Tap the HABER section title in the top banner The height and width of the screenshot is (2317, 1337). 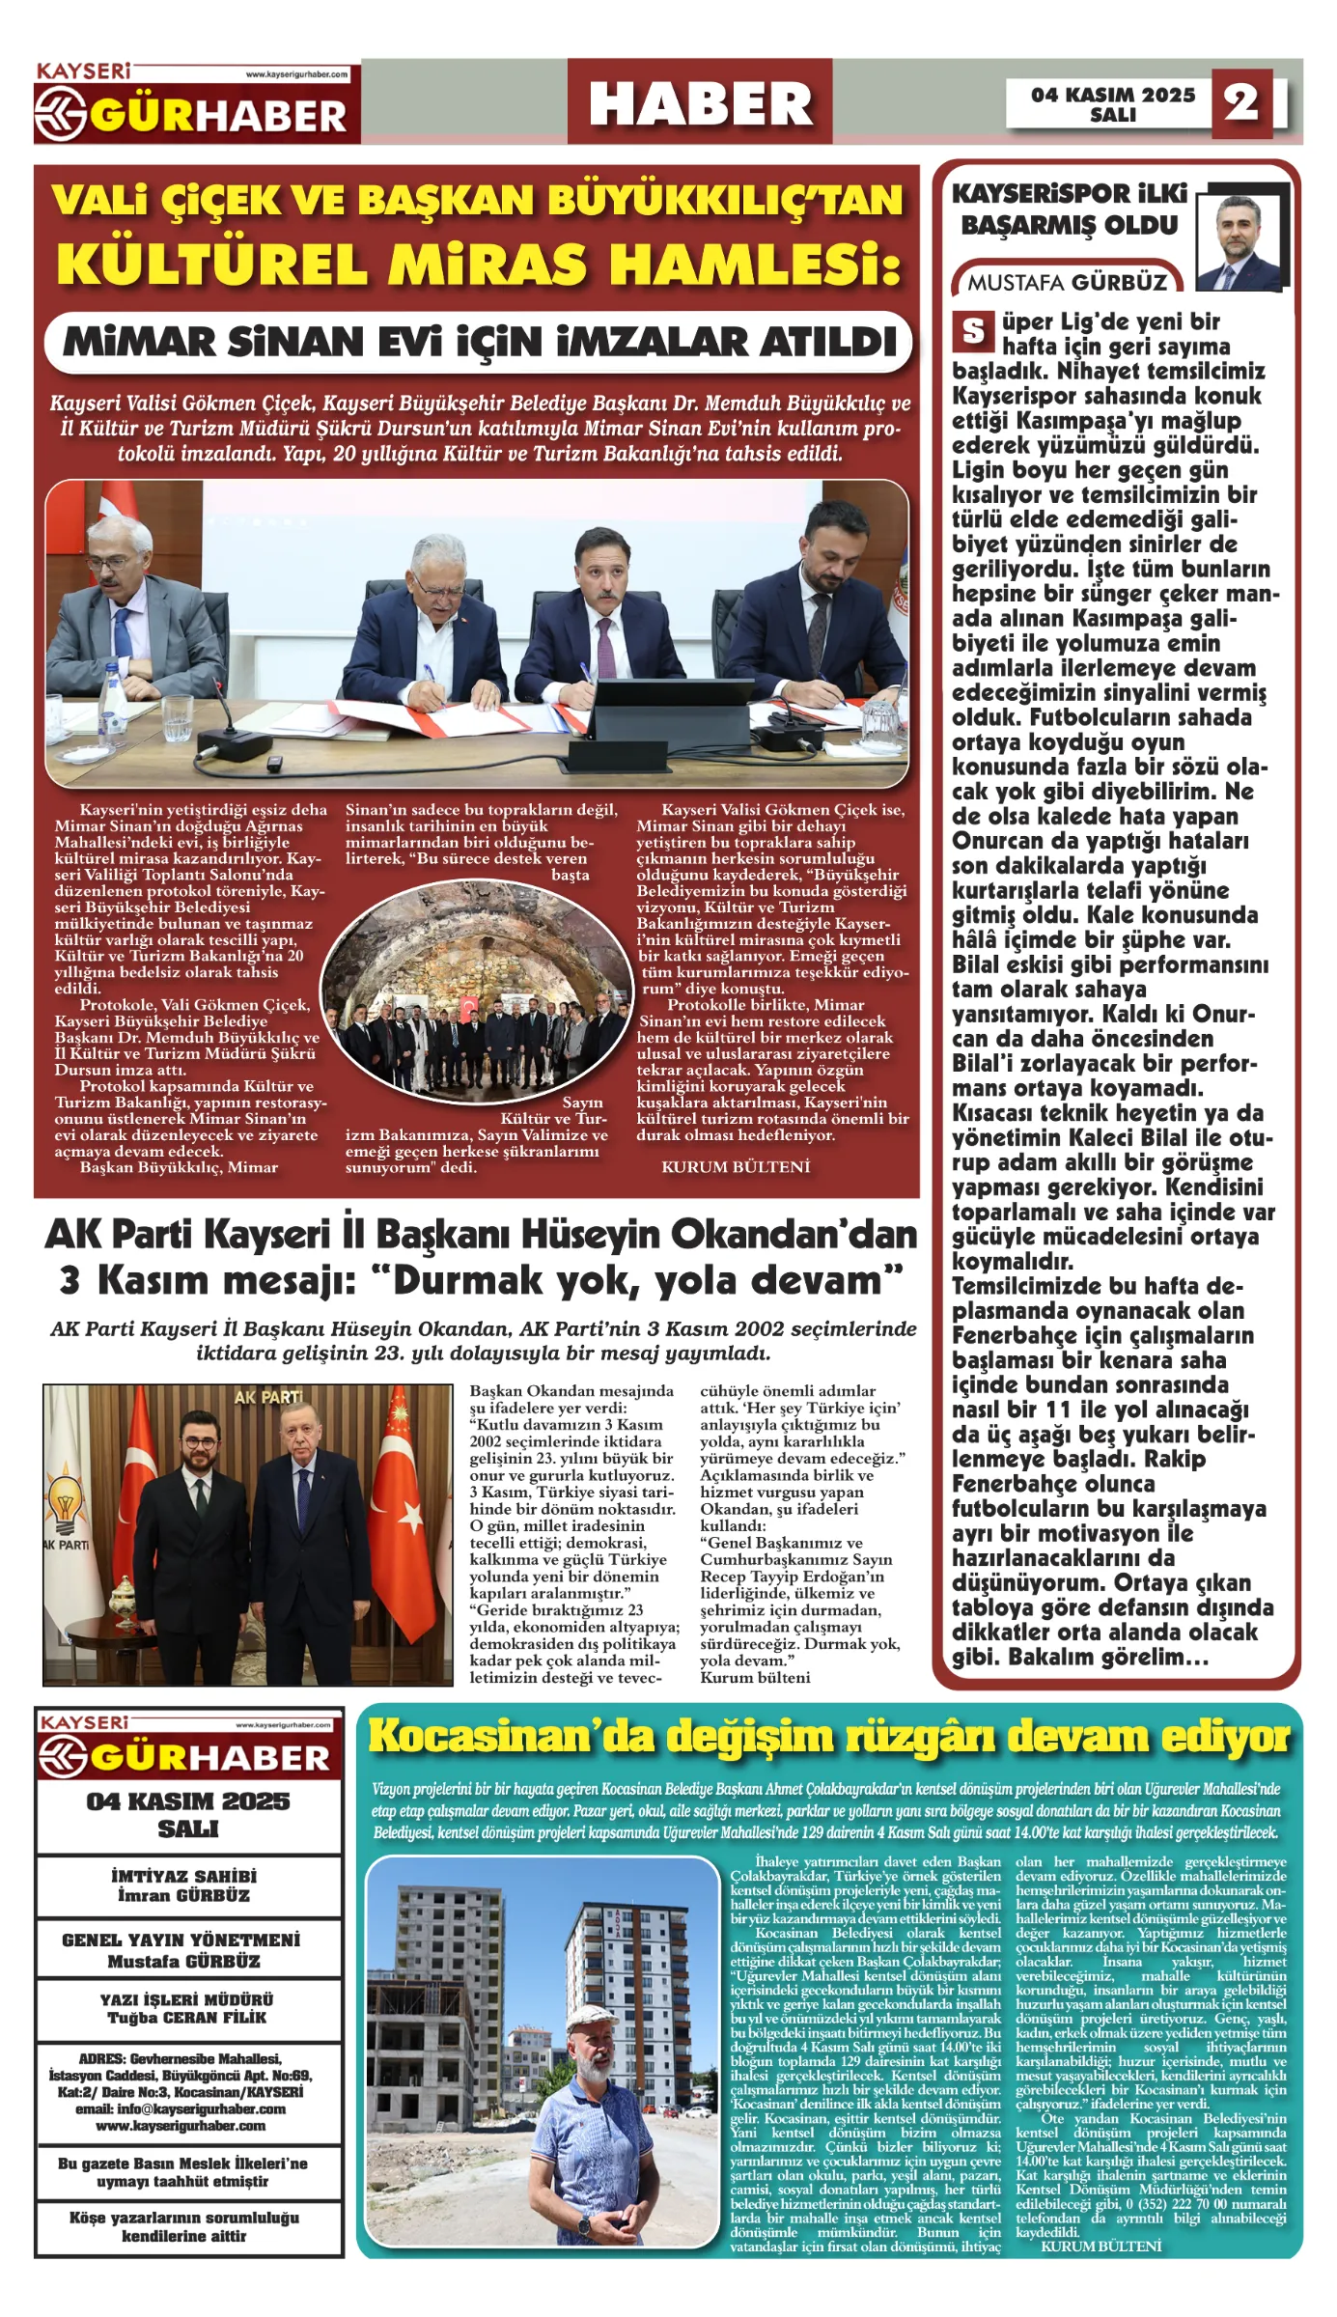700,103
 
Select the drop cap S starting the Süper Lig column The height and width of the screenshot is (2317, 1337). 973,332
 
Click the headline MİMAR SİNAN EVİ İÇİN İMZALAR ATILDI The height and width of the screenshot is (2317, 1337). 479,342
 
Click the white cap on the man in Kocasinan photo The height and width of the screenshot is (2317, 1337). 592,2018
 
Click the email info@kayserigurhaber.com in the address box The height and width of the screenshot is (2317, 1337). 181,2108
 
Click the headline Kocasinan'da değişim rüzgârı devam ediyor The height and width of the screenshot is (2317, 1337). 828,1737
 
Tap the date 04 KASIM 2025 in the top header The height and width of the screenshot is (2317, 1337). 1112,95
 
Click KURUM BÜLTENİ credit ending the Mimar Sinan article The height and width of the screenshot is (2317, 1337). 735,1167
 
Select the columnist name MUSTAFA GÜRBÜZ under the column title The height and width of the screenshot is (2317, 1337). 1067,282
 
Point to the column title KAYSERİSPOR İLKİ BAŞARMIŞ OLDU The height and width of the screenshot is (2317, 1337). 1069,209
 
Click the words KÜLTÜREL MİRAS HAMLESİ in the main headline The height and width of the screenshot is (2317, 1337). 479,264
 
